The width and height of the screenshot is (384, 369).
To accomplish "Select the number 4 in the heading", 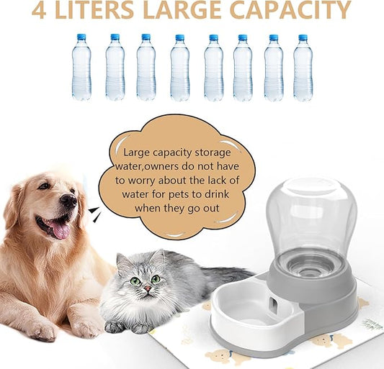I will [41, 11].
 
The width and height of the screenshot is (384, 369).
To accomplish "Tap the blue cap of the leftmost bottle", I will [81, 36].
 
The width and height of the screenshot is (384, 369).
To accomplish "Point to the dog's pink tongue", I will [60, 229].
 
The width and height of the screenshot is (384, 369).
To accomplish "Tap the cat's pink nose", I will [146, 287].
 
